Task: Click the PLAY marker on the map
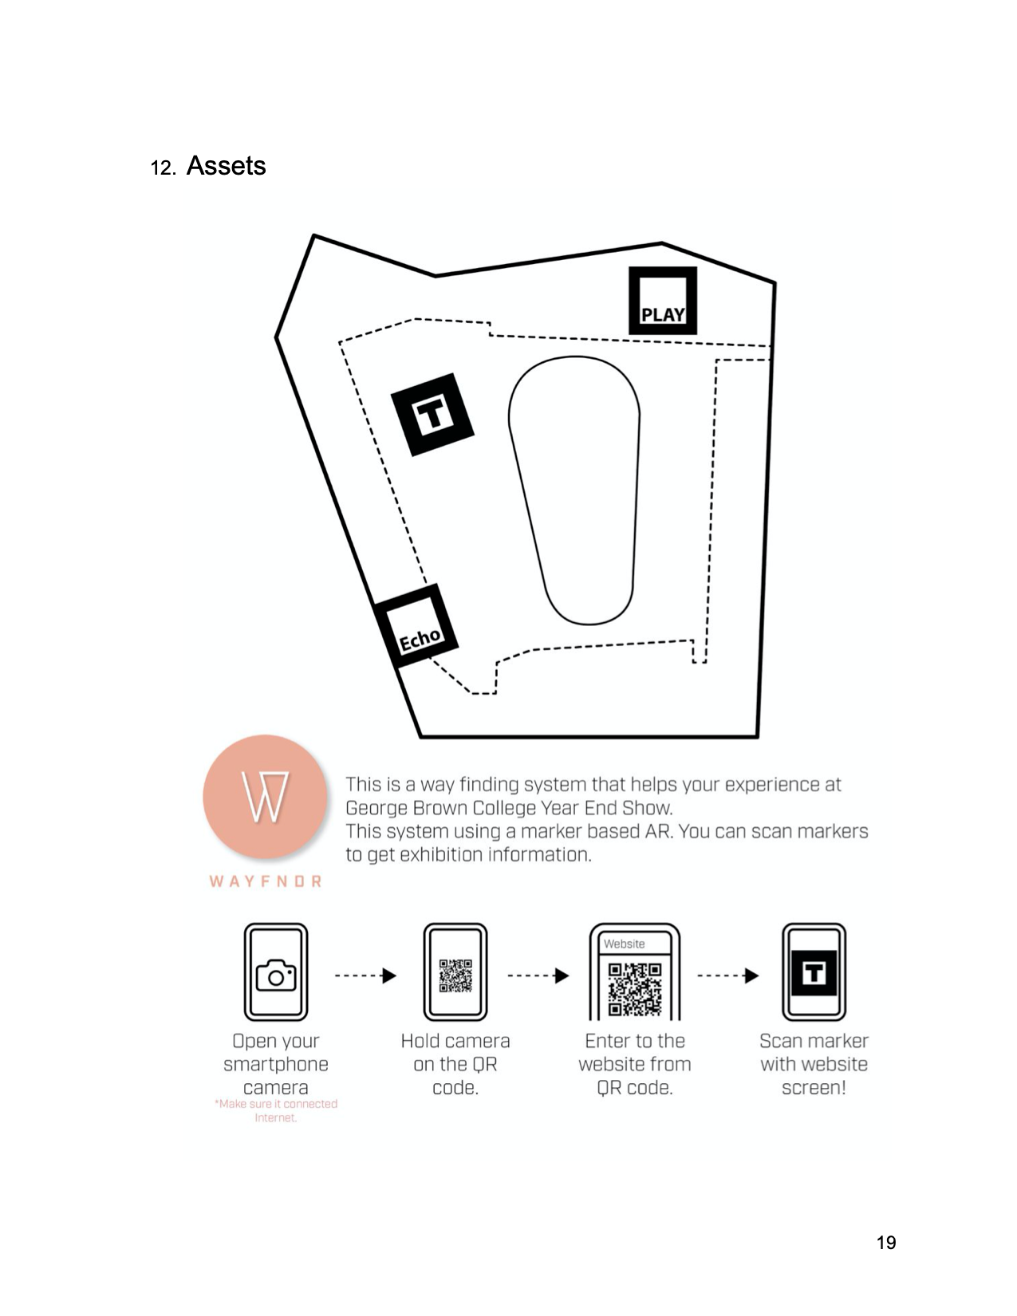click(x=662, y=301)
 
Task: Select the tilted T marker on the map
click(x=432, y=415)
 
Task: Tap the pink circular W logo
click(x=265, y=796)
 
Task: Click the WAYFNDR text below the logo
click(x=266, y=881)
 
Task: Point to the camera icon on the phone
click(x=276, y=975)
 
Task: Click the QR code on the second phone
click(x=455, y=975)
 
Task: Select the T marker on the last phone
click(x=814, y=973)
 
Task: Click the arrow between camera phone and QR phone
click(x=365, y=975)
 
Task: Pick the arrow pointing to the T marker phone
click(x=727, y=975)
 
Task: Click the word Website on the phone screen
click(x=624, y=944)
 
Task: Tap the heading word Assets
click(x=226, y=166)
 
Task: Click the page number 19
click(x=885, y=1243)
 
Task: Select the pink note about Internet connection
click(x=276, y=1110)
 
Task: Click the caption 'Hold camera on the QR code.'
click(x=455, y=1064)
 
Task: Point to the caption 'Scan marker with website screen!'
click(x=814, y=1064)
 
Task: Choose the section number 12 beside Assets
click(x=162, y=168)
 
